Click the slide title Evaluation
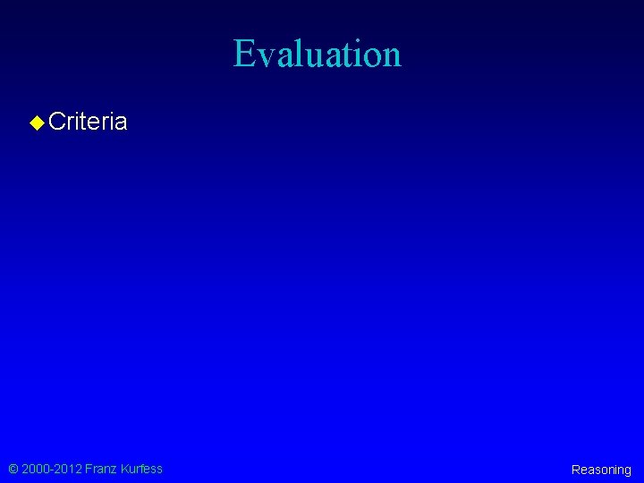click(318, 54)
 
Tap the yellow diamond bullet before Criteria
click(37, 122)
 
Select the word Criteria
click(88, 122)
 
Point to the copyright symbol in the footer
click(13, 469)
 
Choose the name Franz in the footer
click(100, 469)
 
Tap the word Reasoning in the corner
click(601, 470)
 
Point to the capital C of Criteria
click(56, 122)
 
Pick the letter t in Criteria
click(87, 122)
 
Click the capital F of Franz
click(88, 469)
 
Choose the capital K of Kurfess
click(123, 469)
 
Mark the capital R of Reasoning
click(575, 470)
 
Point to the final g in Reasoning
click(627, 471)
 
